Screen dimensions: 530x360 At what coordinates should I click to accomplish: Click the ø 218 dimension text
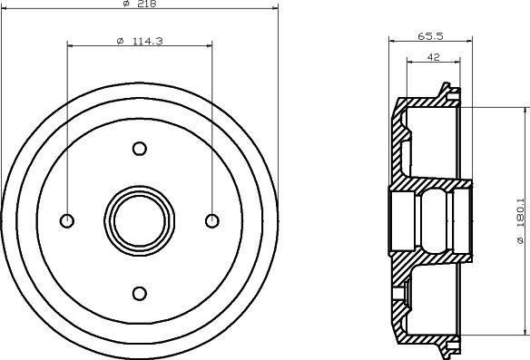[x=140, y=4]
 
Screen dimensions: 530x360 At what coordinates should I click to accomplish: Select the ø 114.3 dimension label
[x=140, y=41]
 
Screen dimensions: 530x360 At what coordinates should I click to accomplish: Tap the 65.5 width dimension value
[x=430, y=35]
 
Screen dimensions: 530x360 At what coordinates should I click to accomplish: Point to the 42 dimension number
[x=433, y=57]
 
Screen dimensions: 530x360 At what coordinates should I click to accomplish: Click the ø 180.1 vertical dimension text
[x=521, y=221]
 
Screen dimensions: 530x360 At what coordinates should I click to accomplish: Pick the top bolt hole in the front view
[x=140, y=149]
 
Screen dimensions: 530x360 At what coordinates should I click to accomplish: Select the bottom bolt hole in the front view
[x=140, y=294]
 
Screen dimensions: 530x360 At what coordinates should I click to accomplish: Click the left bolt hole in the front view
[x=67, y=221]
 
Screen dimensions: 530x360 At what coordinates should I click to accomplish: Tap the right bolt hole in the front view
[x=212, y=221]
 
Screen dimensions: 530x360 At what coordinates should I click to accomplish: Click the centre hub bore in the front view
[x=140, y=221]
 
